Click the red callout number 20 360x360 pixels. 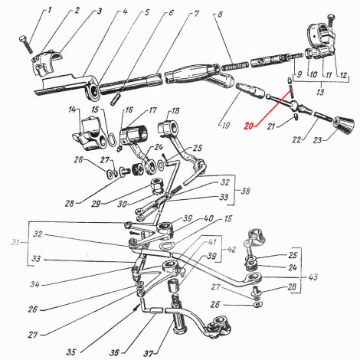[249, 126]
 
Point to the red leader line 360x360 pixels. [273, 109]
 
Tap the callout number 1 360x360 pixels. [50, 10]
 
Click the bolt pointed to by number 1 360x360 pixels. [25, 44]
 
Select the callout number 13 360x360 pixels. [320, 92]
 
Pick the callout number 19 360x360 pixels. [226, 125]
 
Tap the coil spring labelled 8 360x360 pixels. [235, 66]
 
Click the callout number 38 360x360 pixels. [245, 191]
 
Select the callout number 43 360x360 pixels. [313, 277]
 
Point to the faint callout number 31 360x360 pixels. [15, 242]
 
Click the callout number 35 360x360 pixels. [71, 352]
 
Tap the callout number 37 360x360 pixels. [149, 353]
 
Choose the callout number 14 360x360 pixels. [72, 110]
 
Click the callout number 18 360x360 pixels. [175, 111]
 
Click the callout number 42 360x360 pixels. [231, 249]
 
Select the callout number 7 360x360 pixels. [196, 13]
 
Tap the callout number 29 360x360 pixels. [96, 204]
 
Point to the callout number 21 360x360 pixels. [271, 126]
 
